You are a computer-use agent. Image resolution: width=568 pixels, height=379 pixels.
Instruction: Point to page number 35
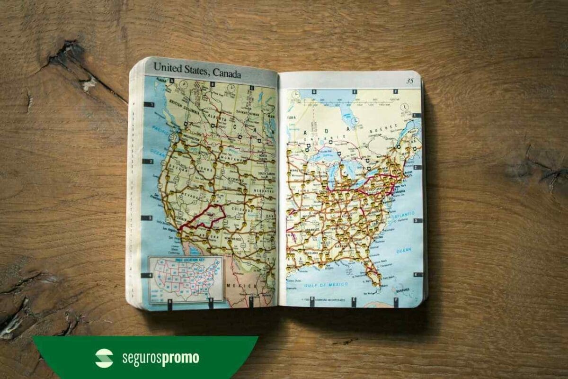(x=409, y=81)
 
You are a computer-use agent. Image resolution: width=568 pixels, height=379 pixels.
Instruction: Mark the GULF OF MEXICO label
(x=331, y=285)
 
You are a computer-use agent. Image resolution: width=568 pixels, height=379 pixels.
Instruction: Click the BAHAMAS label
(x=402, y=289)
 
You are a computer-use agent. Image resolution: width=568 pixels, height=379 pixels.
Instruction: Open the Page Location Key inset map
(x=186, y=279)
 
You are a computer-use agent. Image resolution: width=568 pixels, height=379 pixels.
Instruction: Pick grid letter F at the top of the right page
(x=395, y=91)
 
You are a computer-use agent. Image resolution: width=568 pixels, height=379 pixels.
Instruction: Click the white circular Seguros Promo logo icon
(x=104, y=358)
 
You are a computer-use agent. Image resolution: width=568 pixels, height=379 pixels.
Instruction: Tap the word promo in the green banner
(x=180, y=359)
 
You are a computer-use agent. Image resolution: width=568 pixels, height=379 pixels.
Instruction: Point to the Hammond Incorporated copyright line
(x=322, y=300)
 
